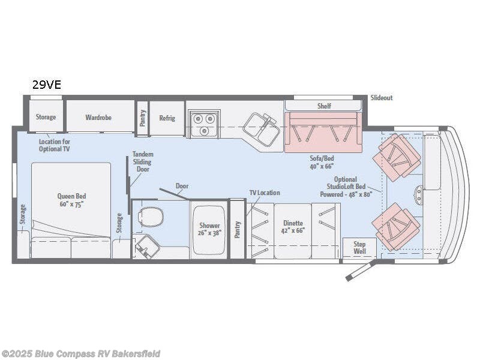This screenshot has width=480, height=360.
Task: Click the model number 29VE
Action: (x=46, y=85)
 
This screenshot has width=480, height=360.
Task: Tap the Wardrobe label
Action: (x=98, y=118)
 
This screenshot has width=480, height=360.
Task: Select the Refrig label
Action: (x=167, y=118)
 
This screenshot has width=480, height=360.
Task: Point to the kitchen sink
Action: (x=262, y=128)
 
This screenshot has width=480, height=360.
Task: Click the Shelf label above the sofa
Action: (x=324, y=106)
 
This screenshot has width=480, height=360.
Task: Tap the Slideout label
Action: (x=382, y=98)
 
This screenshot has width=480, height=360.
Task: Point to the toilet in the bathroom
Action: (x=151, y=216)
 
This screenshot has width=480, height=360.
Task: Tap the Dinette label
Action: (x=293, y=225)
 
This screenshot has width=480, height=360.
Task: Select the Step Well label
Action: (x=359, y=248)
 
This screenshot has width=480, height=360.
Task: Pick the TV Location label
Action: (x=265, y=193)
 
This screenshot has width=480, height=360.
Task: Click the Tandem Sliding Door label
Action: (x=143, y=162)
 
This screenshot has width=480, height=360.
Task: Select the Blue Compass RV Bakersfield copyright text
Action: (x=81, y=353)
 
